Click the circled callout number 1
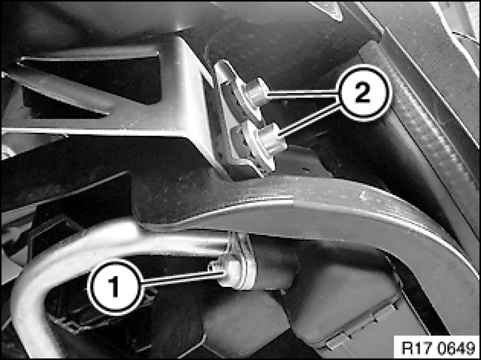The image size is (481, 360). tap(115, 287)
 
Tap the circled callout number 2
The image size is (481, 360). tap(363, 93)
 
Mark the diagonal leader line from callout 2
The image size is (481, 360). tap(310, 120)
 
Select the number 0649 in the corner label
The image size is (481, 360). tap(454, 347)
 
